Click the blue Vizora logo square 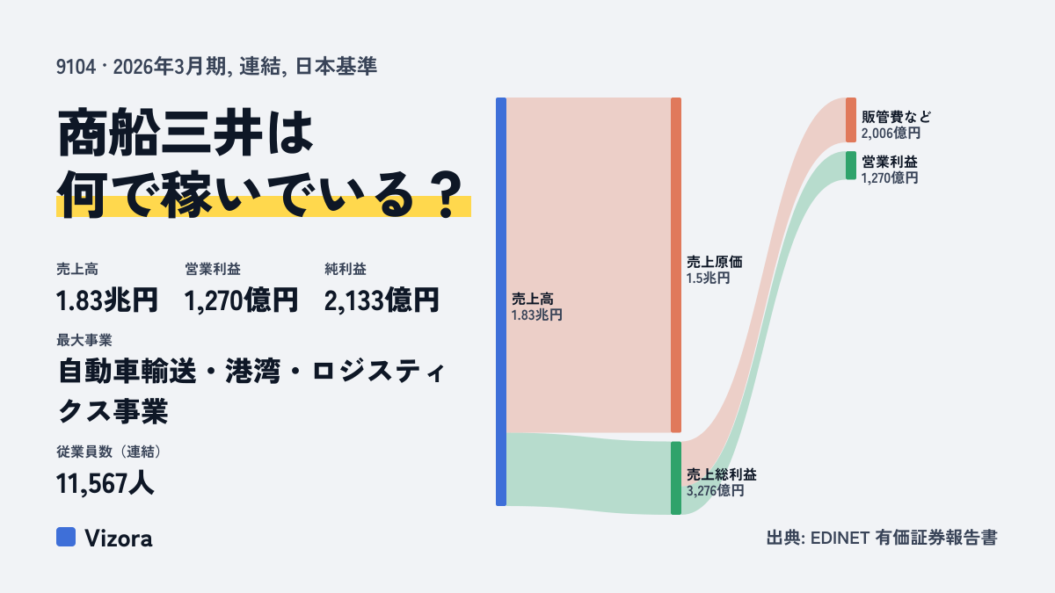[x=66, y=537]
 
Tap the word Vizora [x=119, y=539]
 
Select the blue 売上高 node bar [x=501, y=301]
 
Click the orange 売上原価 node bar [x=676, y=265]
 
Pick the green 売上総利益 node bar [x=676, y=478]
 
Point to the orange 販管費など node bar [x=851, y=120]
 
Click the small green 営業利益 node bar [x=851, y=165]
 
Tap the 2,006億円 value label [x=891, y=134]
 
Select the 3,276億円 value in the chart [x=715, y=491]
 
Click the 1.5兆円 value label [x=708, y=278]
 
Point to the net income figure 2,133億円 [x=382, y=300]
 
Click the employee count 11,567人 [x=105, y=483]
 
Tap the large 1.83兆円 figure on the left [x=107, y=300]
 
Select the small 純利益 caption [x=346, y=269]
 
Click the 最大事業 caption [x=84, y=340]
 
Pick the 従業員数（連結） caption [x=109, y=452]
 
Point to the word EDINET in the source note [x=840, y=538]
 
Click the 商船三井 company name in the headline [x=160, y=133]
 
